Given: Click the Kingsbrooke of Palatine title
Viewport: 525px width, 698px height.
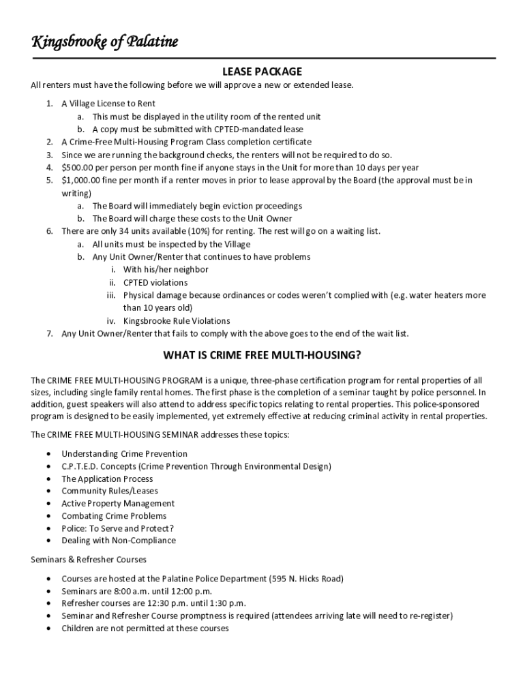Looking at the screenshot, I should tap(104, 42).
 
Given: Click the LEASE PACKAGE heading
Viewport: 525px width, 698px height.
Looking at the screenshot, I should tap(262, 72).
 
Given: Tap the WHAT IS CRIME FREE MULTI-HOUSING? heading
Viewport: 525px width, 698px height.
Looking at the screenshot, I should tap(262, 356).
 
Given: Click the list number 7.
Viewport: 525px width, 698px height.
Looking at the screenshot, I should tap(50, 334).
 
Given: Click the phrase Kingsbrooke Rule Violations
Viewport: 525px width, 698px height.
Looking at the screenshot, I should tap(177, 321).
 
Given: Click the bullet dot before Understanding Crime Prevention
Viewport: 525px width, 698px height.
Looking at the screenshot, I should tap(48, 454).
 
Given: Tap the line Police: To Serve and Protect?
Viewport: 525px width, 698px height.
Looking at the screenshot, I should tap(117, 528).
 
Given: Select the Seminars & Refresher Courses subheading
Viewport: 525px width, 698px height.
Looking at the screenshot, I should tap(89, 560).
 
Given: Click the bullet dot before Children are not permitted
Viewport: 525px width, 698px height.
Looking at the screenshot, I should tap(48, 628).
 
